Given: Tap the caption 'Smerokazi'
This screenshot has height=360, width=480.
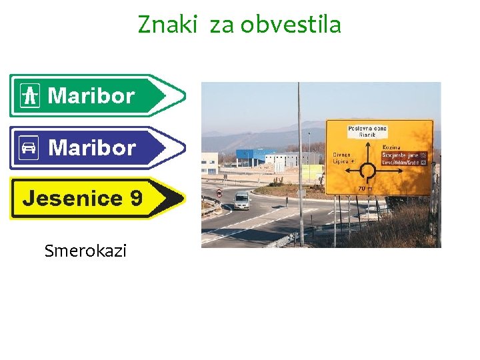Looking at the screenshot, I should pos(85,251).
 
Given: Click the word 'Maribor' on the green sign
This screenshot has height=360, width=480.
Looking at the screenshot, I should pos(91,96).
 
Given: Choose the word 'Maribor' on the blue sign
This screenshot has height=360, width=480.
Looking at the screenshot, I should pos(92,147).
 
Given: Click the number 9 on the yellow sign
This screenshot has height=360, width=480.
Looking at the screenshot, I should pos(137,199).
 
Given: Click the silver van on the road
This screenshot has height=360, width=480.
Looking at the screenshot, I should pos(242,200).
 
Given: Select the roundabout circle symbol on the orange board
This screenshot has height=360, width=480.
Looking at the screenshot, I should pos(367,172).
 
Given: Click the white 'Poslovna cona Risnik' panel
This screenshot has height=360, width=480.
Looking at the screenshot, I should pos(367,131).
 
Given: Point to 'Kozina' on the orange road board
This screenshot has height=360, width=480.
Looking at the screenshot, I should pos(391,147).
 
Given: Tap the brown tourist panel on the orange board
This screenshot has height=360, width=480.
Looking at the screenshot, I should pos(404,158).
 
